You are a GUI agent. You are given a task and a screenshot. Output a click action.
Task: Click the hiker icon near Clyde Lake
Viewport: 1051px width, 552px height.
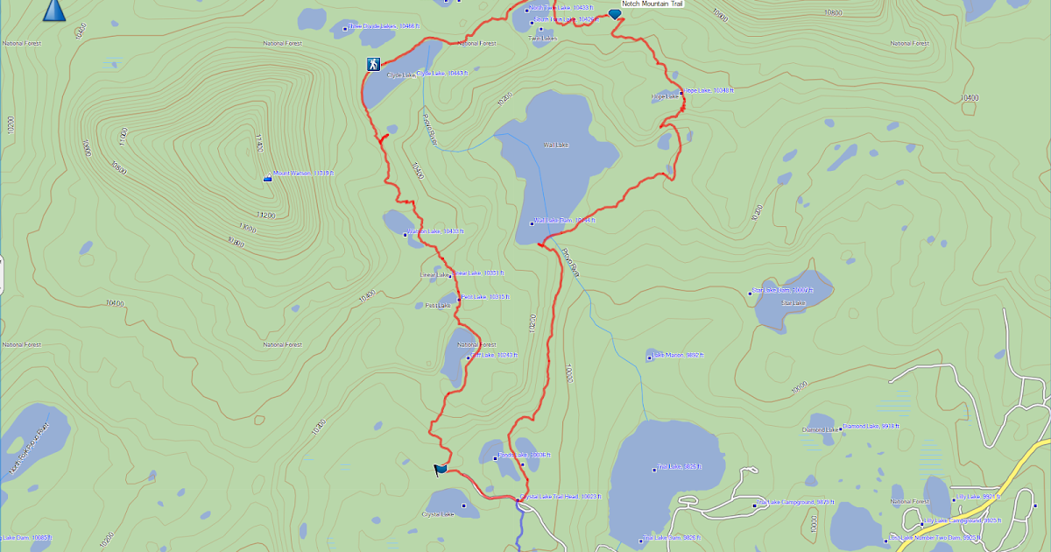tap(374, 64)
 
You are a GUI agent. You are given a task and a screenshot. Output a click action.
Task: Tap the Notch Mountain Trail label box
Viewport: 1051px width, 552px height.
tap(652, 4)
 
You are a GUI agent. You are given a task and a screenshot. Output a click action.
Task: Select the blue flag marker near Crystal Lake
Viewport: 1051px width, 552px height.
tap(440, 470)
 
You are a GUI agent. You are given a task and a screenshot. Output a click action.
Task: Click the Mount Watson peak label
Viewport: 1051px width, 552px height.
tap(302, 173)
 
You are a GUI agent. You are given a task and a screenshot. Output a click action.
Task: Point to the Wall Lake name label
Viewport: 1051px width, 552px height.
tap(556, 145)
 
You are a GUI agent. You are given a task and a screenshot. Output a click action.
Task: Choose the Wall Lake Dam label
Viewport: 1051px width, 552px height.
tap(564, 221)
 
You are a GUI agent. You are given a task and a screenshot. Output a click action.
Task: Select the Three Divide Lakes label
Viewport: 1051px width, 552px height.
tap(384, 26)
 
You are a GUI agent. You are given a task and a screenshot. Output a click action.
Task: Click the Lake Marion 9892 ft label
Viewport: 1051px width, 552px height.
tap(678, 355)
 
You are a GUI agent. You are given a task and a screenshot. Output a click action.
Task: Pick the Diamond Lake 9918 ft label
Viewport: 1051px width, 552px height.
tap(870, 426)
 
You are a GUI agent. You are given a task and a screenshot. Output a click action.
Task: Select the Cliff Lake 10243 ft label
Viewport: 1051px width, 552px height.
tap(495, 355)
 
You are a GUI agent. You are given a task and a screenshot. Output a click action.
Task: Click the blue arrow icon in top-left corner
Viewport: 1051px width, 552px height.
tap(54, 10)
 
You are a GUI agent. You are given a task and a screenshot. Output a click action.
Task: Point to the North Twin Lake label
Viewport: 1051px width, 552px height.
tap(560, 8)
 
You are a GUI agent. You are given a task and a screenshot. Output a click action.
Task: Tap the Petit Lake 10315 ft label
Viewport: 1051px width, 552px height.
tap(483, 297)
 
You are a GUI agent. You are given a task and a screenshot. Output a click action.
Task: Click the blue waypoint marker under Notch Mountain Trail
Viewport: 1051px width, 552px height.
tap(614, 14)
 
